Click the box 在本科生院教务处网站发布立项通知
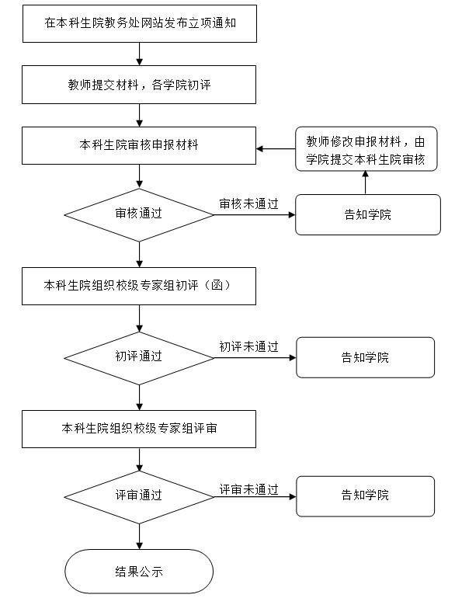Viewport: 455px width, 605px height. tap(140, 23)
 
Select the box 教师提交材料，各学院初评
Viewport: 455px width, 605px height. tap(139, 85)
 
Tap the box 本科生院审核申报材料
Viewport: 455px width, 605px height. tap(139, 145)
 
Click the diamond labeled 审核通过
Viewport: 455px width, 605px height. tap(139, 215)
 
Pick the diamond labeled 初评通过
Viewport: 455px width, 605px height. tap(139, 358)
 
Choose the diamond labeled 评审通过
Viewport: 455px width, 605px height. tap(139, 497)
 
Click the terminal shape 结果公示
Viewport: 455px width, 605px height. tap(139, 571)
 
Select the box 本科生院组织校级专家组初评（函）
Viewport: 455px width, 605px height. tap(139, 286)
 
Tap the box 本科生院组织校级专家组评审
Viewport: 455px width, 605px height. tap(139, 429)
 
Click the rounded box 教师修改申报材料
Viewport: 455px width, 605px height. tap(366, 148)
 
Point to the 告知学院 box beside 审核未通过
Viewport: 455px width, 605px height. tap(368, 214)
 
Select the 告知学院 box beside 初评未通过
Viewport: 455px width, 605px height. tap(365, 357)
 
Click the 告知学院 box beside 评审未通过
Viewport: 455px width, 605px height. tap(365, 496)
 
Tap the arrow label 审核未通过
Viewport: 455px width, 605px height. tap(248, 204)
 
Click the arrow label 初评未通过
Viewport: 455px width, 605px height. tap(248, 347)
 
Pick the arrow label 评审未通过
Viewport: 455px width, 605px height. tap(248, 489)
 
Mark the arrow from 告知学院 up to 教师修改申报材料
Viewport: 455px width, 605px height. tap(365, 183)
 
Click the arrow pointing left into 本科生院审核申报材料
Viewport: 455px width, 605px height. tap(276, 148)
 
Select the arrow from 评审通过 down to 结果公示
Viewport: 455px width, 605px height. tap(139, 537)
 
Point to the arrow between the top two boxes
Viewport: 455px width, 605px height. tap(139, 54)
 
